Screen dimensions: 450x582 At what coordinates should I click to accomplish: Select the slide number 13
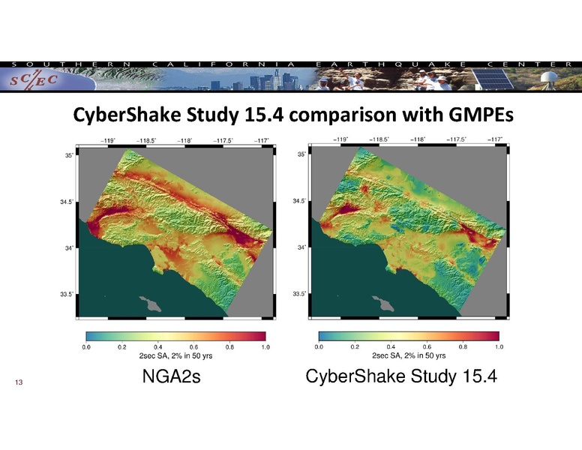(x=19, y=383)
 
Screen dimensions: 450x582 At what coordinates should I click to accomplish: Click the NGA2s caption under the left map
(x=175, y=376)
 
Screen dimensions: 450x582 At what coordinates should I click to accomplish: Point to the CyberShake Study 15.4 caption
(x=402, y=376)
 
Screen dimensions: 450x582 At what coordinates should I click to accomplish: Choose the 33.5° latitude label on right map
(x=299, y=293)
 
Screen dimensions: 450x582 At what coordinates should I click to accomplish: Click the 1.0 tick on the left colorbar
(x=265, y=347)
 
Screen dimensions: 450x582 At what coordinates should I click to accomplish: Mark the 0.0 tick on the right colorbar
(x=319, y=347)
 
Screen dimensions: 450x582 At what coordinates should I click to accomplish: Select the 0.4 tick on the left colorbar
(x=158, y=347)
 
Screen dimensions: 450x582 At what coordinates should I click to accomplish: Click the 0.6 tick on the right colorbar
(x=427, y=347)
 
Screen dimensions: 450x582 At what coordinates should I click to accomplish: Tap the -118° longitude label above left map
(x=185, y=139)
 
